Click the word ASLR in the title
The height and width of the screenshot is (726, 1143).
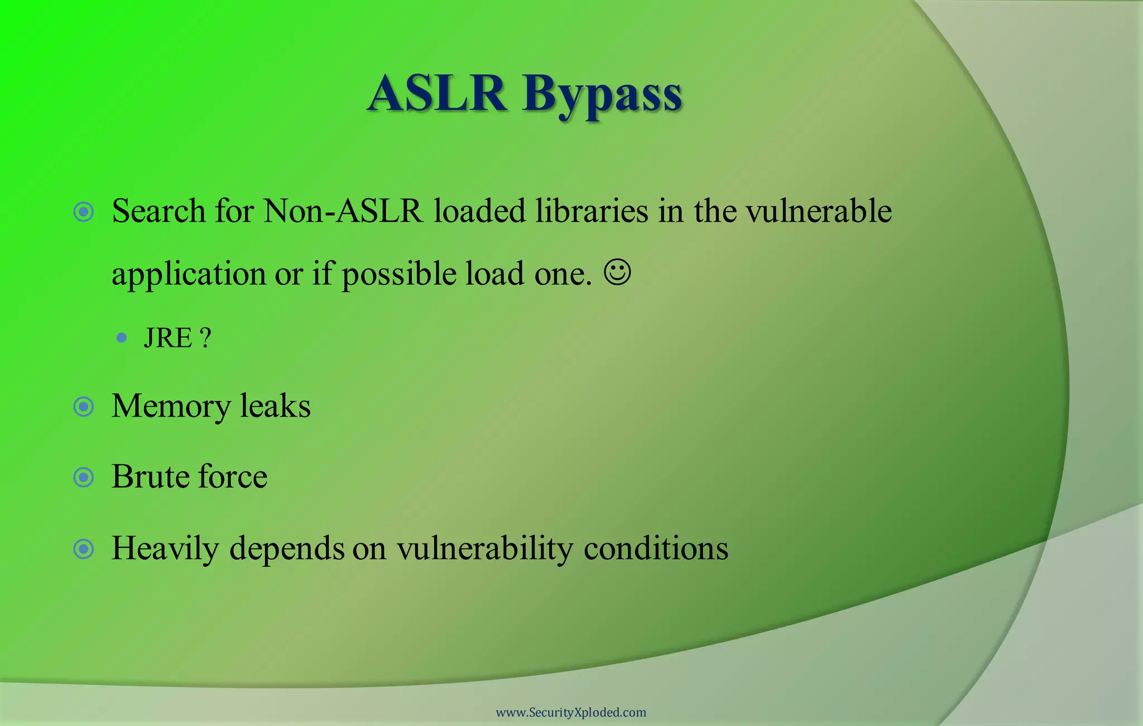click(438, 93)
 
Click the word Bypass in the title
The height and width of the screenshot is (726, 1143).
click(603, 95)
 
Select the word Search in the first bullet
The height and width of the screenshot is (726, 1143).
click(159, 212)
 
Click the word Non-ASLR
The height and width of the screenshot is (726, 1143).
click(343, 212)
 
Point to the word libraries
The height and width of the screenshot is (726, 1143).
click(592, 212)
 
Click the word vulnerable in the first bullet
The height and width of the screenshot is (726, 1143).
click(819, 212)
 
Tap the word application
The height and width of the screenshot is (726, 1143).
click(189, 275)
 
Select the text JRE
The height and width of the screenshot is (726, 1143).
click(168, 338)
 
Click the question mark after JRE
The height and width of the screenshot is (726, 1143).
click(205, 338)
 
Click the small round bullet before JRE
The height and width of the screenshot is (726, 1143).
click(122, 338)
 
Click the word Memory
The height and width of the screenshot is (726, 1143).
click(171, 407)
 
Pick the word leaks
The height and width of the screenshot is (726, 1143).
click(275, 406)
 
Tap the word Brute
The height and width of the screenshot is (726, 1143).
click(149, 477)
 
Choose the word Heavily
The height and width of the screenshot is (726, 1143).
click(165, 549)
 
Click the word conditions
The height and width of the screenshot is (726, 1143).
click(656, 548)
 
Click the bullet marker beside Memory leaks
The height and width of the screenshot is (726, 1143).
click(84, 407)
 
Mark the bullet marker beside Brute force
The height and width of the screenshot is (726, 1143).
click(84, 477)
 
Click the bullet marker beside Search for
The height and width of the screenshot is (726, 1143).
click(84, 212)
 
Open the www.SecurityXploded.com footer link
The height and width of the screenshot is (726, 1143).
click(571, 713)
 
